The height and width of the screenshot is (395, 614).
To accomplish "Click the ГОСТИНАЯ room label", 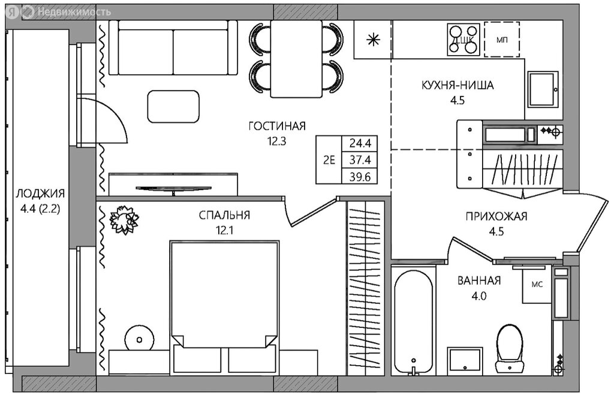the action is point(277,126).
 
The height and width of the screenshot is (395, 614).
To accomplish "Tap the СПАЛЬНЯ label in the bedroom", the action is point(224,215).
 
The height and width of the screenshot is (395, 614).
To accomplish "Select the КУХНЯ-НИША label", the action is point(458,85).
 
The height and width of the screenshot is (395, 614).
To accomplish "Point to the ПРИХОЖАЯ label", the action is point(496,216).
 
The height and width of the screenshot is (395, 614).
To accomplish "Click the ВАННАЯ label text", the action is point(479,281).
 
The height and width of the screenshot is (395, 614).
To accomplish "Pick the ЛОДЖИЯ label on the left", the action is point(40,194).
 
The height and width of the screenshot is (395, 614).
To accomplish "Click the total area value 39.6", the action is point(360,177).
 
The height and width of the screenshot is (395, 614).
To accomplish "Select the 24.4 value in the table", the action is point(360,143).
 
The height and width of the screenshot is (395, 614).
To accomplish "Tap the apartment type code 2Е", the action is point(329,160).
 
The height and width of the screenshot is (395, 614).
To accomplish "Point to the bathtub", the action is point(414,322).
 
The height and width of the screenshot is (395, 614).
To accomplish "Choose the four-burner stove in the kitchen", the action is point(464,39).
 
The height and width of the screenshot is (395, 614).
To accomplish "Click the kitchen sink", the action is point(543,89).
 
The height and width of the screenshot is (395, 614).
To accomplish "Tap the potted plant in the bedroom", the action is point(125,219).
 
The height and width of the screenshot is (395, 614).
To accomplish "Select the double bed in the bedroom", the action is point(224,294).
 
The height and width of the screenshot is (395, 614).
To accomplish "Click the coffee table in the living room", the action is point(173,106).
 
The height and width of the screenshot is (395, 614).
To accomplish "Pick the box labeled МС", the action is point(537,285).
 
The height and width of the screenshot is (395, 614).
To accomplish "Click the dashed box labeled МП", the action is point(502,40).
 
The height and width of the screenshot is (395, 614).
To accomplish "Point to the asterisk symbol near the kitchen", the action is point(373,40).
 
